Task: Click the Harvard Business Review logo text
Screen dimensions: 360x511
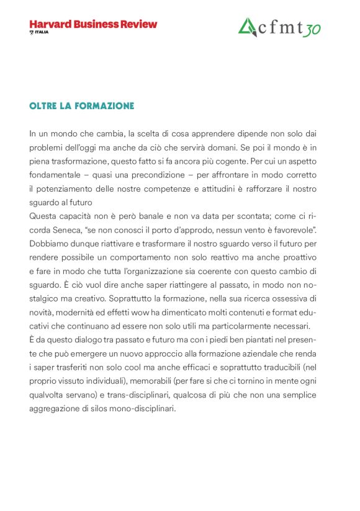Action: [93, 24]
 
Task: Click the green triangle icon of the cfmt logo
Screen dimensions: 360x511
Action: [248, 27]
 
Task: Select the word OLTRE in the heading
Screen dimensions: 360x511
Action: [42, 106]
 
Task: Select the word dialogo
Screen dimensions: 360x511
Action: [91, 340]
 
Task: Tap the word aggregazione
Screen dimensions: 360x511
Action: [54, 408]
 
